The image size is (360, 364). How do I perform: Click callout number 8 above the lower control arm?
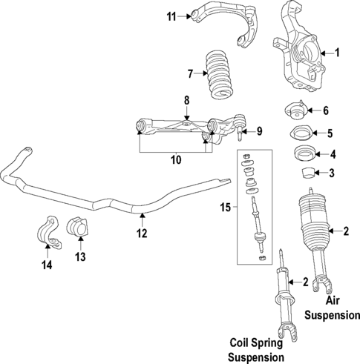186,99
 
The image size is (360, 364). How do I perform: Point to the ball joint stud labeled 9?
240,134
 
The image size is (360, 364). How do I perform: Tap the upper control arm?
223,22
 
